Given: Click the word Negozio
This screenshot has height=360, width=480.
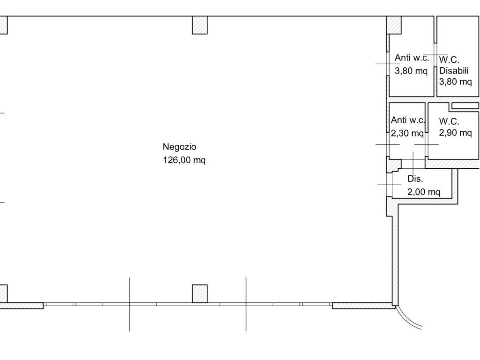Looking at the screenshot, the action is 180,147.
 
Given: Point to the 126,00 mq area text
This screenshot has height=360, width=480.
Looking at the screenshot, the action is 184,160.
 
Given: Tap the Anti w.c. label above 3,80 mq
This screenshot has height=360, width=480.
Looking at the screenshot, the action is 412,58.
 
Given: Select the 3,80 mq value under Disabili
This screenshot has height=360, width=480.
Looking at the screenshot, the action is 456,82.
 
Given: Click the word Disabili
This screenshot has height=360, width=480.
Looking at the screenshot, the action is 454,71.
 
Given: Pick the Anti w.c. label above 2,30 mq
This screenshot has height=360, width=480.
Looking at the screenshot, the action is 408,120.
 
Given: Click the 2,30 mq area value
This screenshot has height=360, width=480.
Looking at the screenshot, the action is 407,133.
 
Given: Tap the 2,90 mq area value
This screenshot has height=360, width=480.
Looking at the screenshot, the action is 456,133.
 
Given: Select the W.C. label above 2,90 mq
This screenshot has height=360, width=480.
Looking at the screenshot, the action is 449,121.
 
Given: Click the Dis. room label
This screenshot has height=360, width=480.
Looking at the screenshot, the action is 415,179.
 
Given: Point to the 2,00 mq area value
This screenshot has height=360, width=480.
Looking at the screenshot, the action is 424,192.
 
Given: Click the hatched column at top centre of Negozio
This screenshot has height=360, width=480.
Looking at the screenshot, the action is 200,25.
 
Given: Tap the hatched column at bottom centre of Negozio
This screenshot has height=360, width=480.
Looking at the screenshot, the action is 200,294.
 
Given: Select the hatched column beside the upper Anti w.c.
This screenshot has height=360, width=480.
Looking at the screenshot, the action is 394,25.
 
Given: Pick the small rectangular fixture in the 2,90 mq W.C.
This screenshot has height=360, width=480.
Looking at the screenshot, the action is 465,105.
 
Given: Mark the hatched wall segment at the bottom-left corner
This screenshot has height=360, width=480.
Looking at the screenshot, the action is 22,306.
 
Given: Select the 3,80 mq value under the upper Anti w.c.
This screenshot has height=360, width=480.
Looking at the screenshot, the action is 411,71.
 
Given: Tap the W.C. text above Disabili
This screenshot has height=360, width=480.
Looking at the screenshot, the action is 449,60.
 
